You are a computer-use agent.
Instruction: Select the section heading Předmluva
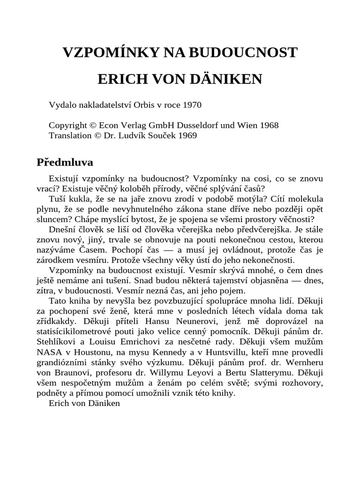(x=65, y=162)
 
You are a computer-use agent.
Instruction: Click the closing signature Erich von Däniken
(x=84, y=404)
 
